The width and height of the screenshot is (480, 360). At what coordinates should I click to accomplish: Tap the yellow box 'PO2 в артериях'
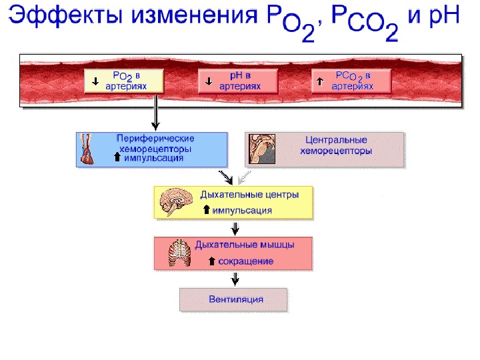pyautogui.click(x=125, y=81)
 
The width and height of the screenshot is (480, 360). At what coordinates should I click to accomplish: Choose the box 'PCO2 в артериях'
pyautogui.click(x=351, y=81)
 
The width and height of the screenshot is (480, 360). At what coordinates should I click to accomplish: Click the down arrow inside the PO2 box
pyautogui.click(x=95, y=81)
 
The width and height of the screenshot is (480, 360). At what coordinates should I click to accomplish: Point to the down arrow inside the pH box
pyautogui.click(x=209, y=81)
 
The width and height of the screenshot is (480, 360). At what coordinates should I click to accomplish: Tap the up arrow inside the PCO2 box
pyautogui.click(x=319, y=81)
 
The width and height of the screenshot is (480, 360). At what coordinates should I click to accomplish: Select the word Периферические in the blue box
pyautogui.click(x=156, y=138)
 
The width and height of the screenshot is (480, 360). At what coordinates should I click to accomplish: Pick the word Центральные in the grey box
pyautogui.click(x=336, y=141)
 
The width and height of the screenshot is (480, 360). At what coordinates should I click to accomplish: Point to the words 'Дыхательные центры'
pyautogui.click(x=249, y=195)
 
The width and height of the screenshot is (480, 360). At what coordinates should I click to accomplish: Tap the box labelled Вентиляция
pyautogui.click(x=234, y=299)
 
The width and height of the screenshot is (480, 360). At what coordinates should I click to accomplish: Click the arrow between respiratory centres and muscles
pyautogui.click(x=235, y=228)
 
